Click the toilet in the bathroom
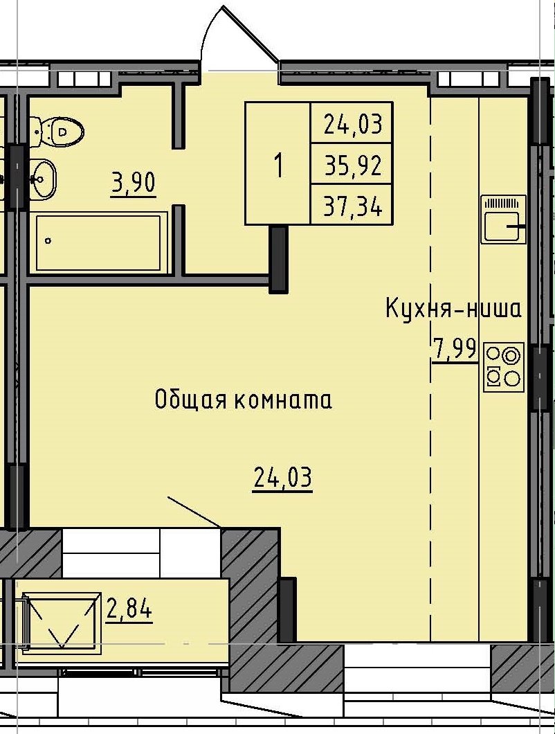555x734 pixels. pos(60,131)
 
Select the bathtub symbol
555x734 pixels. pos(101,242)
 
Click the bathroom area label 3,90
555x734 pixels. pos(133,184)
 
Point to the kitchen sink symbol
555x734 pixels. pos(503,220)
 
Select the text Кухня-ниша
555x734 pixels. pos(453,309)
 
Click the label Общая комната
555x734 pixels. pos(243,400)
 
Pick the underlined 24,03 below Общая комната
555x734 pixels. pos(282,478)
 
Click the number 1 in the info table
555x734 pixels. pos(278,165)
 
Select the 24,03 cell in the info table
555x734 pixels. pos(352,125)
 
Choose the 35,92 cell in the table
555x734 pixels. pos(352,165)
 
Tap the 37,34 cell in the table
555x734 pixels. pos(352,206)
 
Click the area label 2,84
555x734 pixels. pos(129,610)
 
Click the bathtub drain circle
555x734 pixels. pos(48,241)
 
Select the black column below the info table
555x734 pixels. pos(278,258)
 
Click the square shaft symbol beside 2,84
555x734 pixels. pos(61,622)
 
